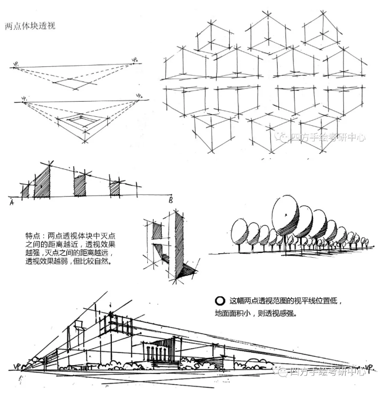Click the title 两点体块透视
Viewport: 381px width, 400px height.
click(30, 26)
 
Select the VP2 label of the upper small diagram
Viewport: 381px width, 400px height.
click(135, 59)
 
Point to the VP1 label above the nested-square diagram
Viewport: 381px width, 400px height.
click(24, 99)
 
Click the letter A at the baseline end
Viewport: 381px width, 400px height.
click(11, 202)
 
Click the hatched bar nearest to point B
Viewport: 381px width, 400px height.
click(115, 188)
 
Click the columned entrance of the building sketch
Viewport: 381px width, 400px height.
click(160, 351)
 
